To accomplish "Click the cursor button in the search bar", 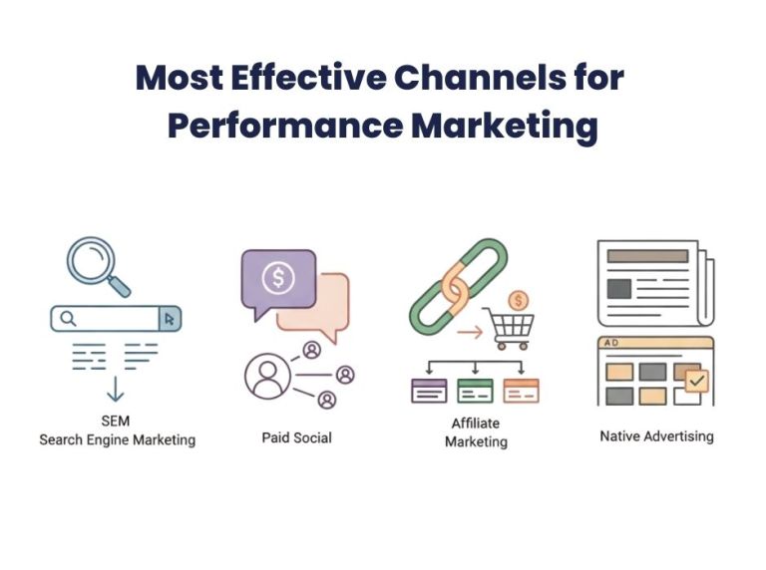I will (x=170, y=319).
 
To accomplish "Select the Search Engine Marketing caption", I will (x=117, y=439).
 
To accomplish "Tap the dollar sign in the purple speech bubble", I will (x=278, y=278).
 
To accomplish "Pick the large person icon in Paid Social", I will (x=267, y=377).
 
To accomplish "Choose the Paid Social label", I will (x=297, y=437).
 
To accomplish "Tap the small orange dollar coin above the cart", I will (x=518, y=299).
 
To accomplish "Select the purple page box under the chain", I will (x=429, y=390).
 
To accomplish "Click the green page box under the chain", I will (x=475, y=390).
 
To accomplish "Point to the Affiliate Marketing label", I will (x=475, y=431).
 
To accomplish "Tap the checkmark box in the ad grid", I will (x=696, y=380).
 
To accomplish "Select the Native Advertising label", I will (x=656, y=436).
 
